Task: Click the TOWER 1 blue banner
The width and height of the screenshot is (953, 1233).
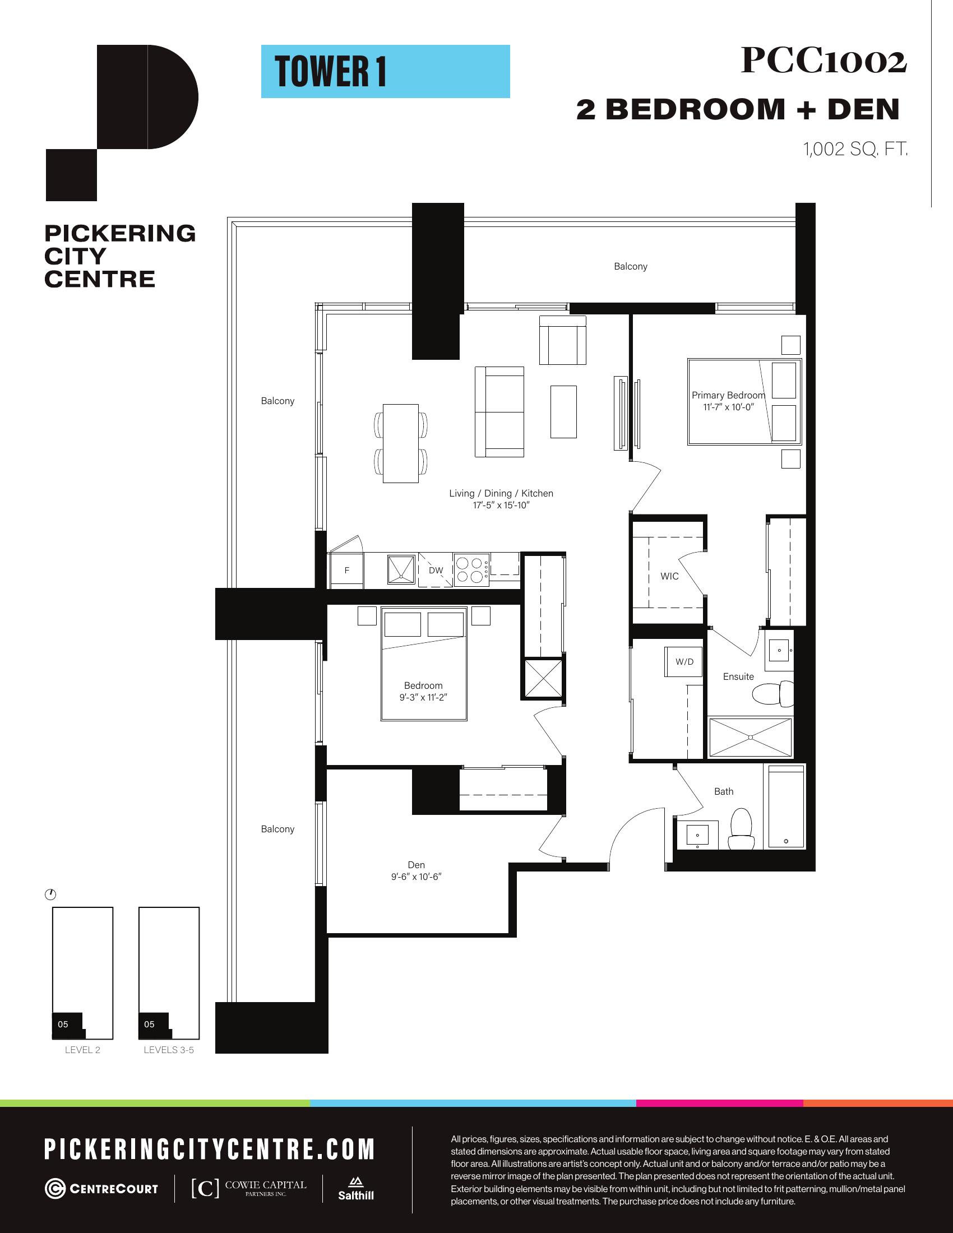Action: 385,71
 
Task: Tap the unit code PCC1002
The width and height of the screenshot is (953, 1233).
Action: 824,61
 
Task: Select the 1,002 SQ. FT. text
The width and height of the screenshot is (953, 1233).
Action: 855,149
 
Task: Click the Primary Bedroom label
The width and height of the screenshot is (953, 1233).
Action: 728,395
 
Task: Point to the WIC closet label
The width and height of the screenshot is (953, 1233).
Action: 669,576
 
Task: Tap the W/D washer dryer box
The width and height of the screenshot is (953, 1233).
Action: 684,661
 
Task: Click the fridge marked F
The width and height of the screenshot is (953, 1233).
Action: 346,570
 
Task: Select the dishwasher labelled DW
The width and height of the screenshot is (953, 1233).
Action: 435,570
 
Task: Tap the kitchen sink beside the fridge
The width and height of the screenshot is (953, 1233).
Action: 401,568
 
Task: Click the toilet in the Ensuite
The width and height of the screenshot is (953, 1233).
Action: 774,693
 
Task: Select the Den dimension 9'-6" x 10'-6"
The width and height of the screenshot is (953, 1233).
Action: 416,877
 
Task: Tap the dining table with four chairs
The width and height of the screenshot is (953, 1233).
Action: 401,443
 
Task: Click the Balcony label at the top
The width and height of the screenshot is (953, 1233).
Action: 631,266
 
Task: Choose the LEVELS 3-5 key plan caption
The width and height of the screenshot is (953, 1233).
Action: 169,1050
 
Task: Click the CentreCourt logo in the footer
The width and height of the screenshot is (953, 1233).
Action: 101,1189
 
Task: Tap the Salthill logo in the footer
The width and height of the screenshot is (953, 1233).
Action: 355,1188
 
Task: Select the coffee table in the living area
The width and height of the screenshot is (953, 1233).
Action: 563,411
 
